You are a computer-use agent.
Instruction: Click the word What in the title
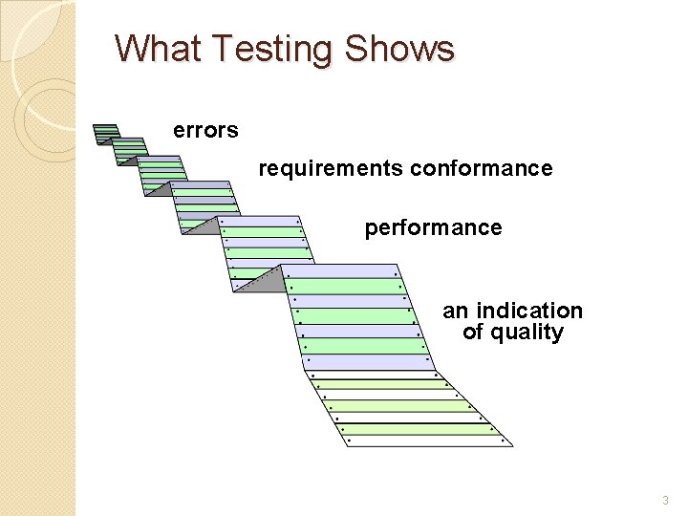(155, 48)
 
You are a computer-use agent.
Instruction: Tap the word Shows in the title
(400, 48)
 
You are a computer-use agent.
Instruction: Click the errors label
(205, 130)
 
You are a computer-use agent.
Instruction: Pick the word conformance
(481, 169)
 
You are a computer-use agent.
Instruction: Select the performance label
(433, 228)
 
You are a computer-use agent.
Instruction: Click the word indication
(528, 312)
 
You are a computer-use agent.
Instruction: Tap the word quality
(527, 333)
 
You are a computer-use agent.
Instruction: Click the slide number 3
(665, 500)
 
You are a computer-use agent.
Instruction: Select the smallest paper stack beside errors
(107, 133)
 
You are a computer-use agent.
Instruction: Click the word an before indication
(455, 312)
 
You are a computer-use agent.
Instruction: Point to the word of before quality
(473, 333)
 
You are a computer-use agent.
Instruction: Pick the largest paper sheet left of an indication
(354, 315)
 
